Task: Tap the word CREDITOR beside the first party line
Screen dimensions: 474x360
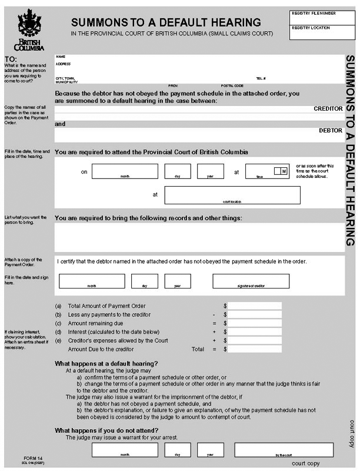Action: [328, 109]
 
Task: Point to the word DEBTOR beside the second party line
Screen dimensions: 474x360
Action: [331, 130]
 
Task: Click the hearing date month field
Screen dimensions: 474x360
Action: [125, 171]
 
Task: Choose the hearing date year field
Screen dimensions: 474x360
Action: [210, 171]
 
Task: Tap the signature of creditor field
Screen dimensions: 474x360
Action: [251, 281]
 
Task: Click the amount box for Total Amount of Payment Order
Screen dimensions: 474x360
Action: [255, 306]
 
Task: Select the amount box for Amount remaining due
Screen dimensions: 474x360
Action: [255, 323]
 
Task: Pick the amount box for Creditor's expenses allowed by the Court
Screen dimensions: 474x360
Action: [255, 340]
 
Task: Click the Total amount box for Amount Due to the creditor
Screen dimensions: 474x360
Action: [255, 349]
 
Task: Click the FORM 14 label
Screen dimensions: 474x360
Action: [33, 458]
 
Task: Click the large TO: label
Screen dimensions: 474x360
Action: [11, 59]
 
